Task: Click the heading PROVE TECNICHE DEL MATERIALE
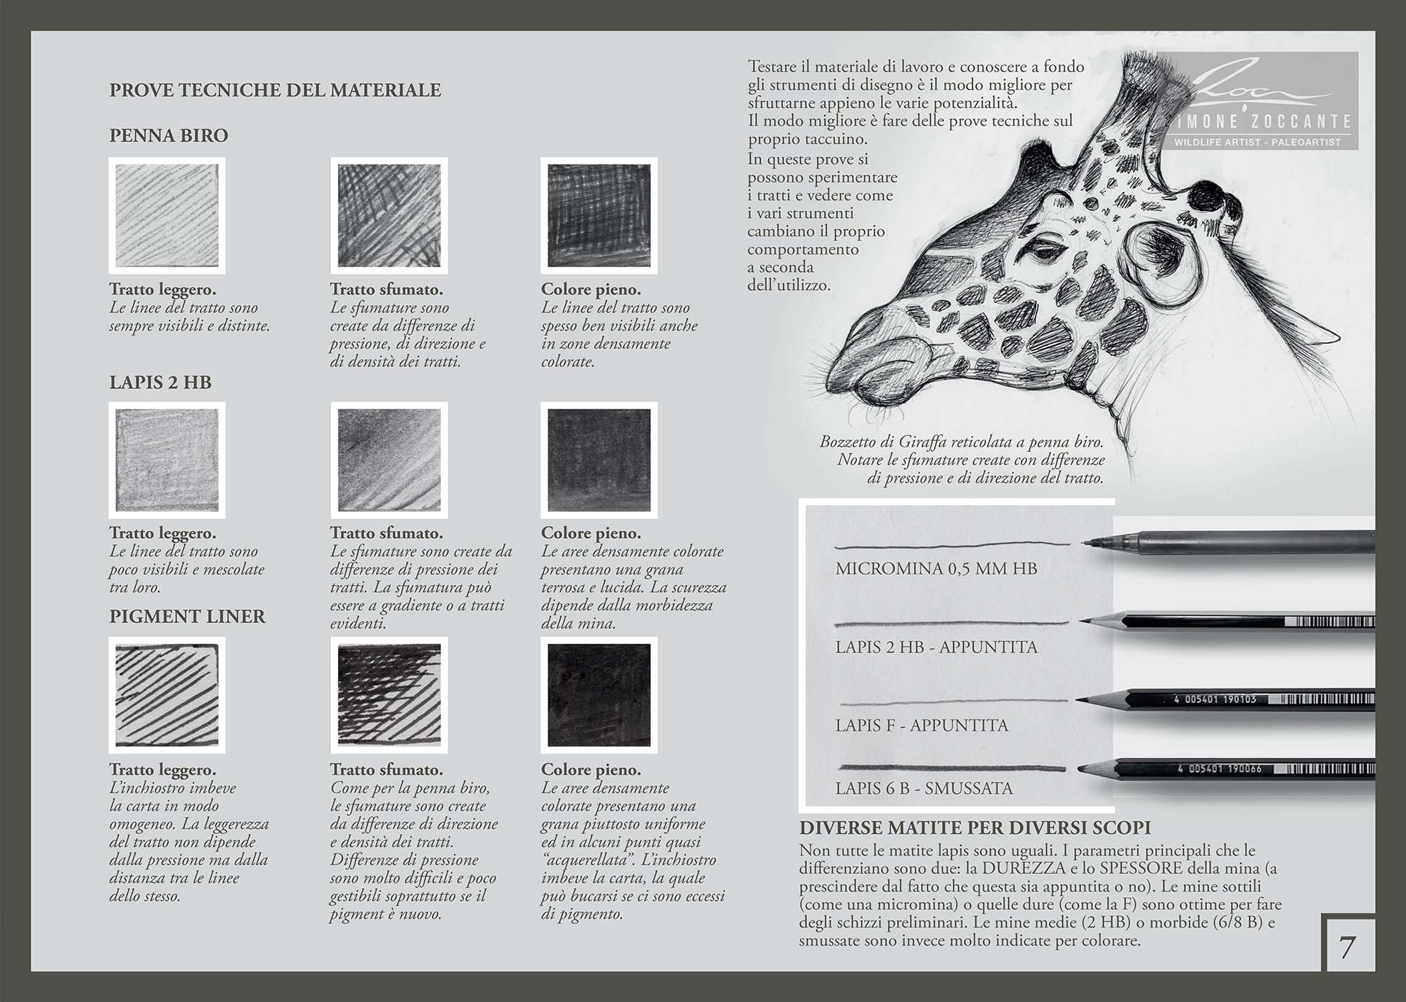275,91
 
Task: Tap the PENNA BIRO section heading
169,136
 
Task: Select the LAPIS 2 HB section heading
160,383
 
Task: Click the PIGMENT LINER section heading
187,617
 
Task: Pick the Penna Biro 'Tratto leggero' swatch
167,215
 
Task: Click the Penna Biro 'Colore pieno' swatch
599,215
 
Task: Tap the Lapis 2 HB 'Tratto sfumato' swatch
389,460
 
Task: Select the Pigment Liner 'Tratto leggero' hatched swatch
167,695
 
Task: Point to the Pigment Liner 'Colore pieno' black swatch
599,695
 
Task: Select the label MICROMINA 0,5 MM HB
936,568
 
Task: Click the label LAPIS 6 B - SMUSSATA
924,788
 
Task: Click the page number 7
1346,948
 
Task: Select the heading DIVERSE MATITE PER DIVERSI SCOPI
974,828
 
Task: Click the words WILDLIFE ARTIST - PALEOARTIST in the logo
1257,142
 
